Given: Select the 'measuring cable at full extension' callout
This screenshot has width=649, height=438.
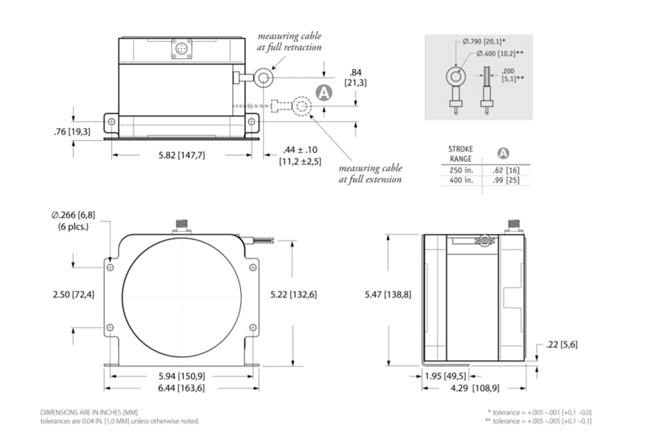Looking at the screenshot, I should tap(371, 173).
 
